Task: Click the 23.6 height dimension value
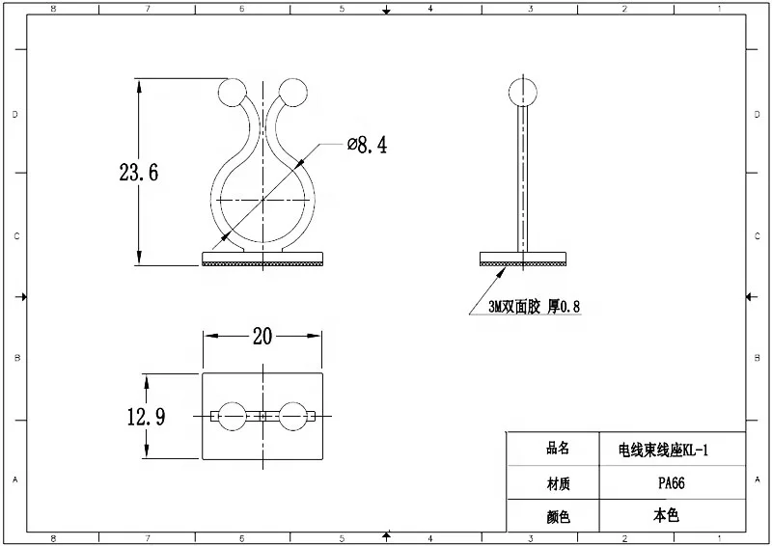pos(139,174)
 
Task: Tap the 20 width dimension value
pos(262,336)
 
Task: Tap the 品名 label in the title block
pos(558,449)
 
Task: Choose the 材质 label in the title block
pos(558,482)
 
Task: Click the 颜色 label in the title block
pos(558,517)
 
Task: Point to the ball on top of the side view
pos(522,92)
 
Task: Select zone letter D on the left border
pos(14,114)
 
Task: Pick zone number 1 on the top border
pos(719,9)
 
